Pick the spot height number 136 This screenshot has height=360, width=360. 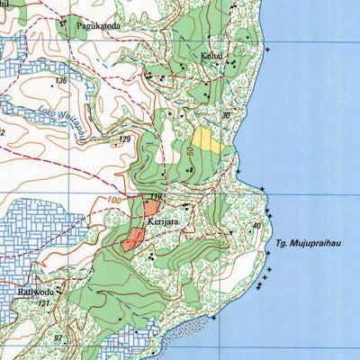tap(60, 81)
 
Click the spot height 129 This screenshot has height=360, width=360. tap(125, 139)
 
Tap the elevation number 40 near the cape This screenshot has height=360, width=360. tap(256, 225)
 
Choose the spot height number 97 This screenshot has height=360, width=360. tap(58, 337)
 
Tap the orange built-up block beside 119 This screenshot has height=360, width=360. tap(150, 209)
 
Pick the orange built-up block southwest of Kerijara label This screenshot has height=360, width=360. tap(132, 238)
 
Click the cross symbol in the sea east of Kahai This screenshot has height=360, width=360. tap(267, 47)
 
